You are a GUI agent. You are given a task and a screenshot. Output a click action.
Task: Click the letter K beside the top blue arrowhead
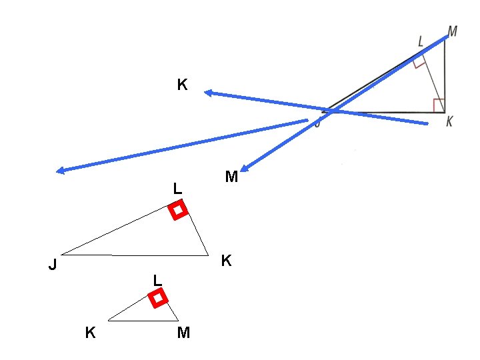(182, 85)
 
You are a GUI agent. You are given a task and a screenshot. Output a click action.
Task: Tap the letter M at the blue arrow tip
(231, 177)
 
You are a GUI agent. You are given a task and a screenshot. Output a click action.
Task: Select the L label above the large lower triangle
(177, 189)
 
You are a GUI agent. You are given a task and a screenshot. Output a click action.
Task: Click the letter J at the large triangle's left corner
(52, 265)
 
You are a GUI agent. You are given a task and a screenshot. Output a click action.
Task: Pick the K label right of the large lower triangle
(227, 261)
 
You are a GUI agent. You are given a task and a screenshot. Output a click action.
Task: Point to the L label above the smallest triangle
(157, 279)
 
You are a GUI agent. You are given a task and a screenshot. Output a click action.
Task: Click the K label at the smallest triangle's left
(90, 332)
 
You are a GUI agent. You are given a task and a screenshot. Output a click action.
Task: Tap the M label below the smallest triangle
(183, 333)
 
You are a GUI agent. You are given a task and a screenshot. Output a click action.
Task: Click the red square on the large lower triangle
(177, 211)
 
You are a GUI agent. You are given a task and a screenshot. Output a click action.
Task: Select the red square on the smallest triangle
(158, 299)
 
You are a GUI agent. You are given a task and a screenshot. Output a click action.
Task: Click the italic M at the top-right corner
(453, 31)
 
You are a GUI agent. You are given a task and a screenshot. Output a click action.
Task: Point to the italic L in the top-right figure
(420, 41)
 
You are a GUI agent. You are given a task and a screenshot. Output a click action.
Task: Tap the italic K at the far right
(450, 121)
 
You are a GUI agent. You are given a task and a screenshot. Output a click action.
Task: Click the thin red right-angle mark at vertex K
(439, 105)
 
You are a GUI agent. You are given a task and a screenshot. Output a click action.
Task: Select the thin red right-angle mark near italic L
(419, 63)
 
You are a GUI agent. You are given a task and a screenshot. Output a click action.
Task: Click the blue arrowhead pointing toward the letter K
(208, 93)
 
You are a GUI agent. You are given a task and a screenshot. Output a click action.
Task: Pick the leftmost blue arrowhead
(61, 171)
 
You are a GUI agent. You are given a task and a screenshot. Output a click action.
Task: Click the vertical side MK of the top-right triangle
(445, 73)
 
